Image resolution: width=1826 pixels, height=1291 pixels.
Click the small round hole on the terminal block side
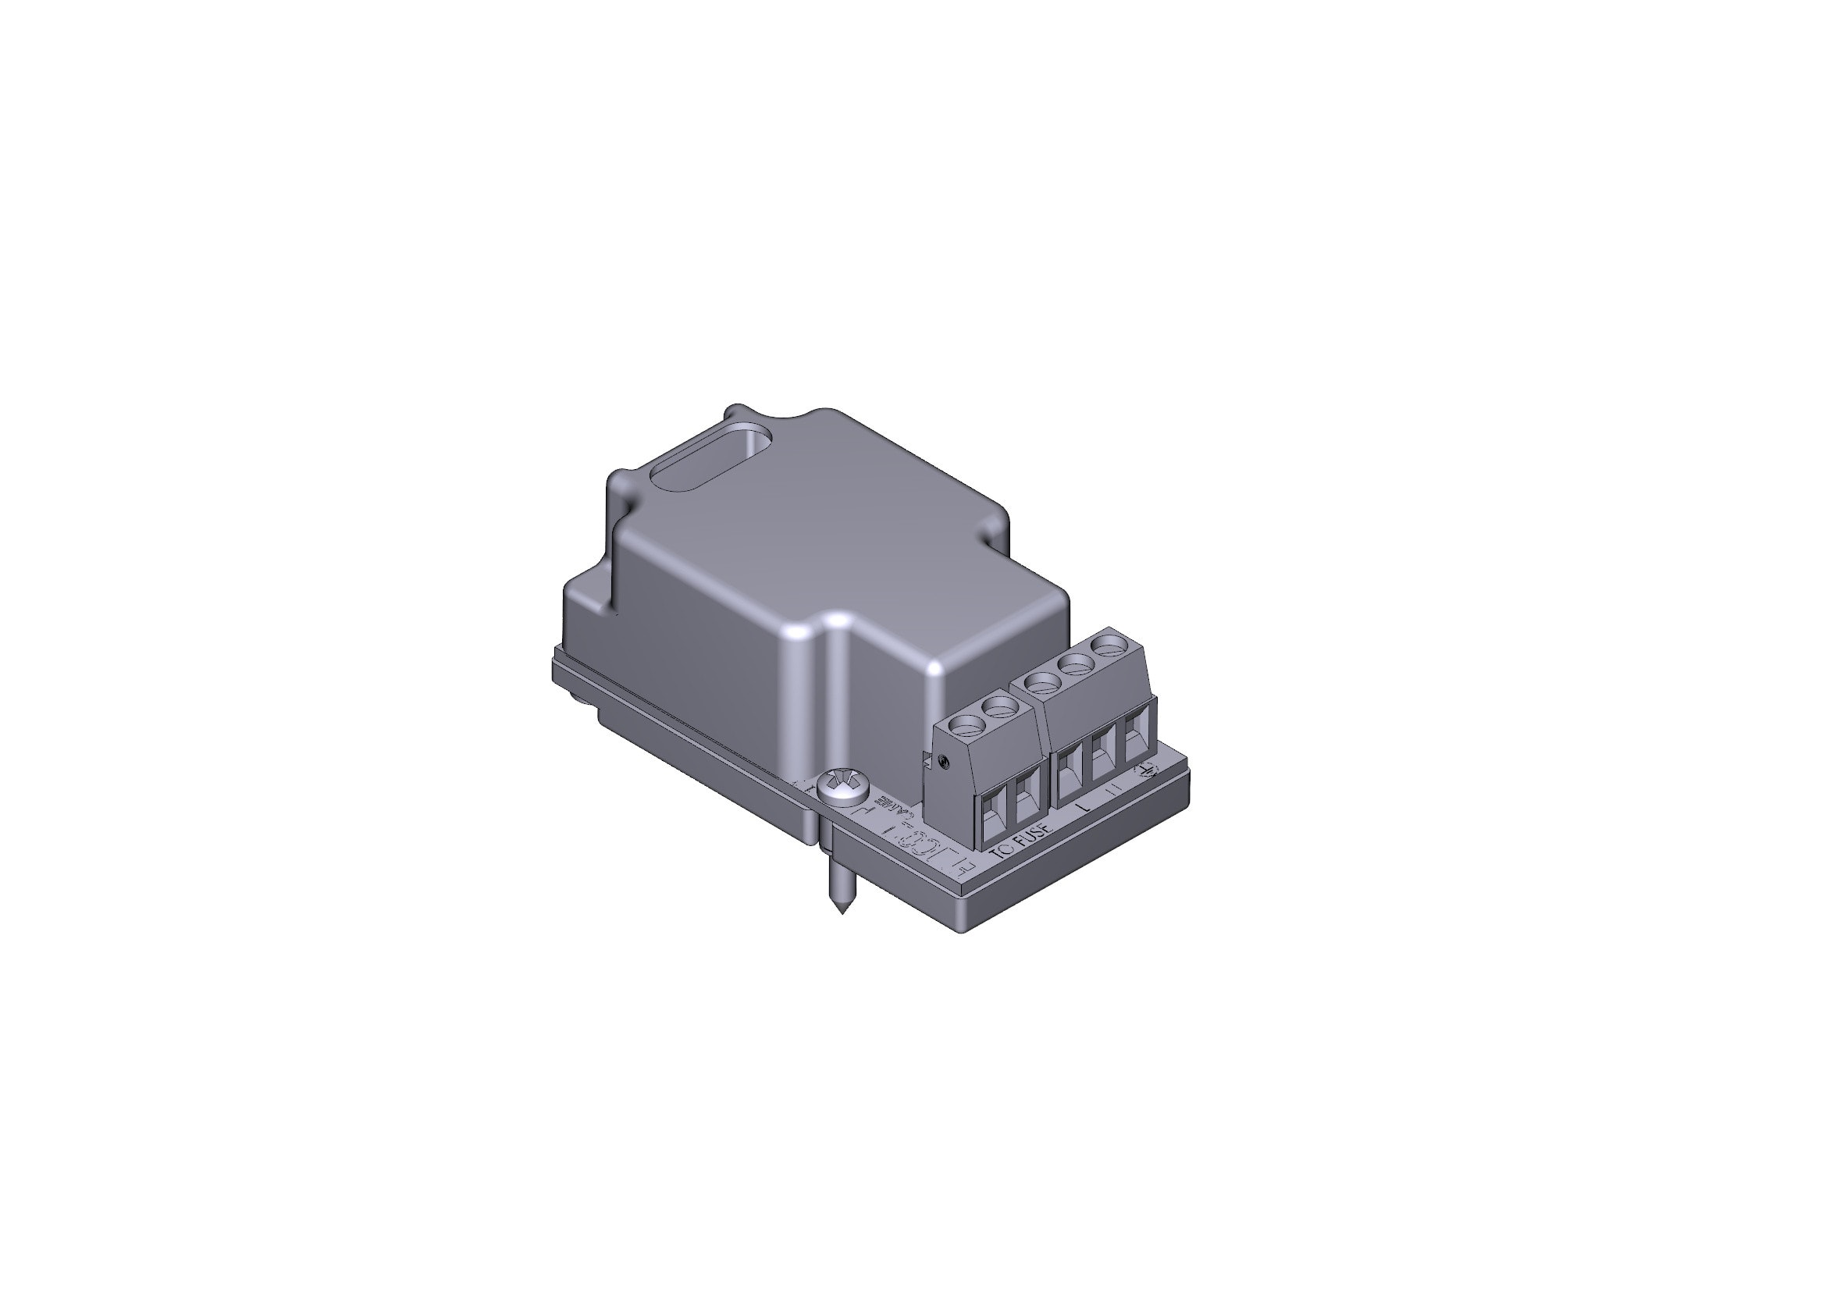[x=943, y=761]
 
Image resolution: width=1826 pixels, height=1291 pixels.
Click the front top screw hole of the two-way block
[x=967, y=724]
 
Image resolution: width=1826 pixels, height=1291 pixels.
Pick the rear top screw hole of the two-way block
[x=999, y=705]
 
